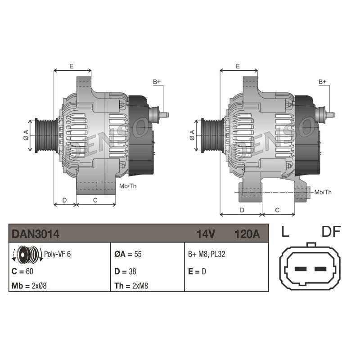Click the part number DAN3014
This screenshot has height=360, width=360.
click(x=36, y=234)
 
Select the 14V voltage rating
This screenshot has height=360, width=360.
click(x=206, y=234)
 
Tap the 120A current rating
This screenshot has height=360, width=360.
click(x=247, y=234)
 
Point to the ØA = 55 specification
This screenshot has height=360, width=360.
click(x=128, y=254)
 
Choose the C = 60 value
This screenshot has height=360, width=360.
click(x=22, y=271)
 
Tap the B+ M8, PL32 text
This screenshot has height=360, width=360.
click(x=207, y=254)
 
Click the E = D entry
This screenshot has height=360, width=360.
click(x=197, y=271)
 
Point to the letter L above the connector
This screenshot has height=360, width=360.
click(x=284, y=232)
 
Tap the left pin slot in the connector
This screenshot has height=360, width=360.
click(x=300, y=269)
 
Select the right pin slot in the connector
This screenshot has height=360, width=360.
click(x=320, y=269)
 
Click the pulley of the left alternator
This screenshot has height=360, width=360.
click(x=45, y=135)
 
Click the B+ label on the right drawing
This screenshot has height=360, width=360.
click(x=323, y=82)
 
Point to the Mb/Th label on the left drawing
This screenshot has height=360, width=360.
click(x=127, y=186)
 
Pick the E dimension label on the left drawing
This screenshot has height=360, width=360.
click(x=72, y=66)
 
